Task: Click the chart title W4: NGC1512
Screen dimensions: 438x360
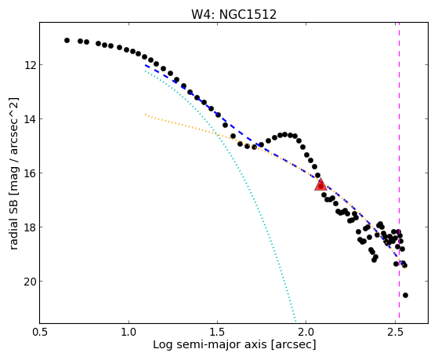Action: (233, 14)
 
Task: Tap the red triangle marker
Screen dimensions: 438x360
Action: (320, 184)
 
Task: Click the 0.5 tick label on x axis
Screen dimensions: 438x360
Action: (40, 333)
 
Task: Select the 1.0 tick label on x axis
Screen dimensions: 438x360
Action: (129, 333)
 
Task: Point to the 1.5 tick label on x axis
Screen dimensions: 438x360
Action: (217, 333)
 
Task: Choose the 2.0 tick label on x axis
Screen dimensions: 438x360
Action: (306, 333)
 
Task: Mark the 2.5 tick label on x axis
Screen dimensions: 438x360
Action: (395, 333)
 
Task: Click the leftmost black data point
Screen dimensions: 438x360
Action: (67, 41)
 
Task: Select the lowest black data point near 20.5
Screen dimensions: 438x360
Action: (405, 296)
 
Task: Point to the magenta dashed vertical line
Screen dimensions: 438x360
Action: (399, 170)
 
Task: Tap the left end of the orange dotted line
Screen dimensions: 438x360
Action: (145, 115)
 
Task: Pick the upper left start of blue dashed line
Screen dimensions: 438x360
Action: (145, 65)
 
